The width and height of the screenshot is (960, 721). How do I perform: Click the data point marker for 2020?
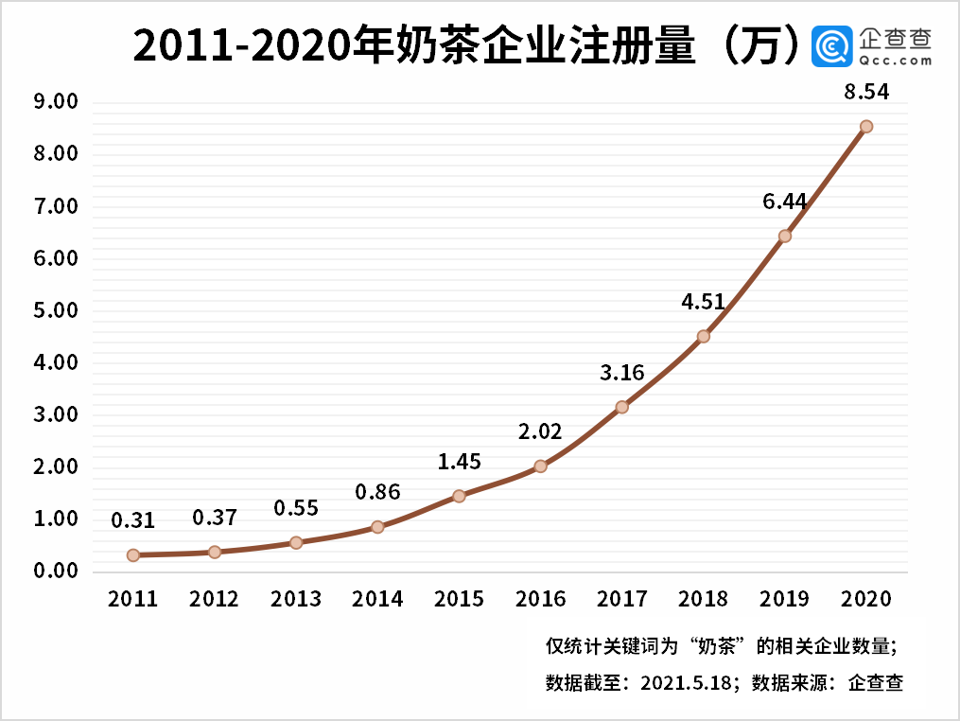[865, 126]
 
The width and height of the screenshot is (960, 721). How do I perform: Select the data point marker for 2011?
[133, 555]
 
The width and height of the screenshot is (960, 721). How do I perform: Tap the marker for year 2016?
[540, 466]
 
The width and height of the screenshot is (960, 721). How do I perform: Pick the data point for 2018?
[703, 336]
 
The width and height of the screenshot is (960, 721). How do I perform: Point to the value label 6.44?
[785, 201]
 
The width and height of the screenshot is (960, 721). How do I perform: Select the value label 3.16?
[622, 372]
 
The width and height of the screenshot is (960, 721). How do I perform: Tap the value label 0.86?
[377, 491]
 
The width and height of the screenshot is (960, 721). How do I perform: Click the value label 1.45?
[459, 462]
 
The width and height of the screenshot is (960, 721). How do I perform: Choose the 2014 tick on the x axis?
[377, 599]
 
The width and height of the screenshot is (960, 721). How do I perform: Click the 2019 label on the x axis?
[784, 599]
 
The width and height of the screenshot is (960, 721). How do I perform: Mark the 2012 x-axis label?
[215, 599]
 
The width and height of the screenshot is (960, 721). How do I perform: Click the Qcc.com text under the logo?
[895, 60]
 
